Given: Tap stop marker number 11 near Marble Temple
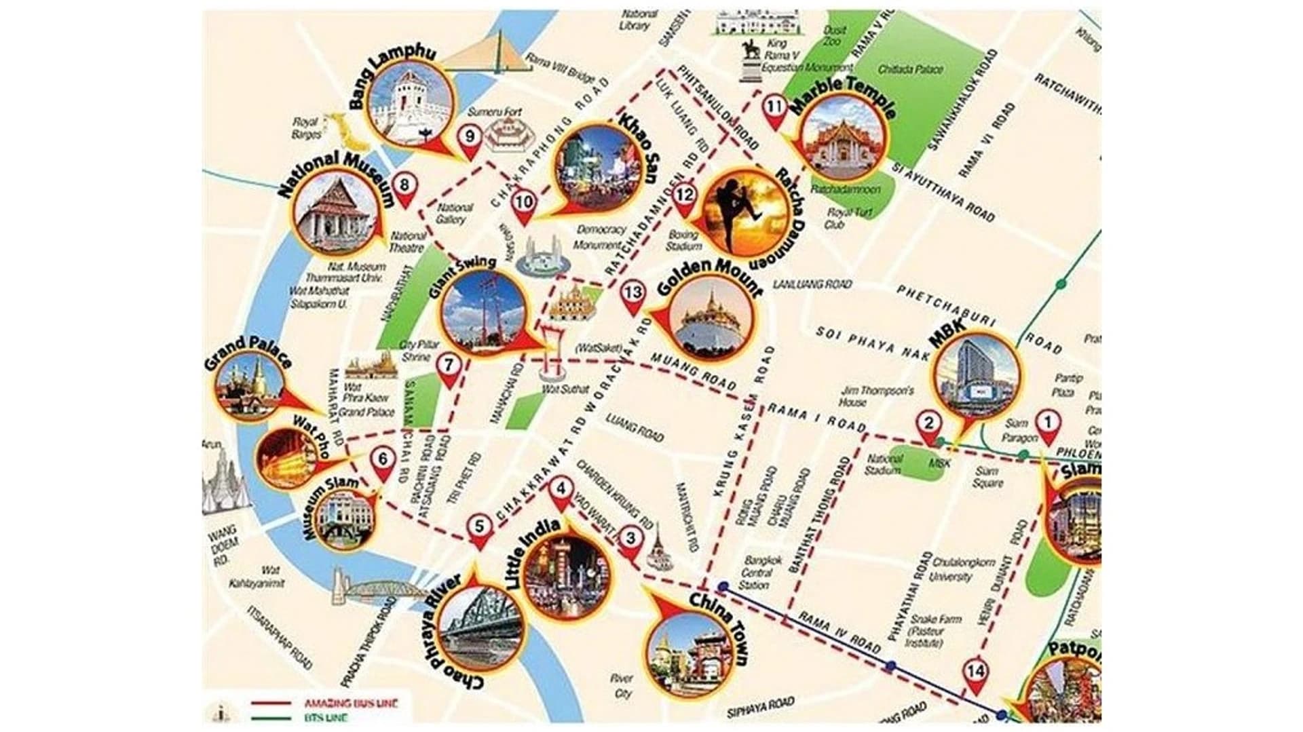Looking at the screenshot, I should (x=774, y=107).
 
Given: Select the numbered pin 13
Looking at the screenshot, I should (x=632, y=294).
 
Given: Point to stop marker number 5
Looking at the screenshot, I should (x=480, y=527).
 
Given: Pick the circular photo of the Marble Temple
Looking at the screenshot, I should (x=844, y=143).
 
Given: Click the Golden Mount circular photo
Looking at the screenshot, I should (x=710, y=318).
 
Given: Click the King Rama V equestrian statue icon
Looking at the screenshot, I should (x=750, y=60).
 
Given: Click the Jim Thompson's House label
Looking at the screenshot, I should (x=868, y=396).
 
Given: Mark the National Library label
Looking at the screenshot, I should (x=639, y=18).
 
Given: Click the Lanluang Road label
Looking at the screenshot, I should (x=812, y=284).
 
